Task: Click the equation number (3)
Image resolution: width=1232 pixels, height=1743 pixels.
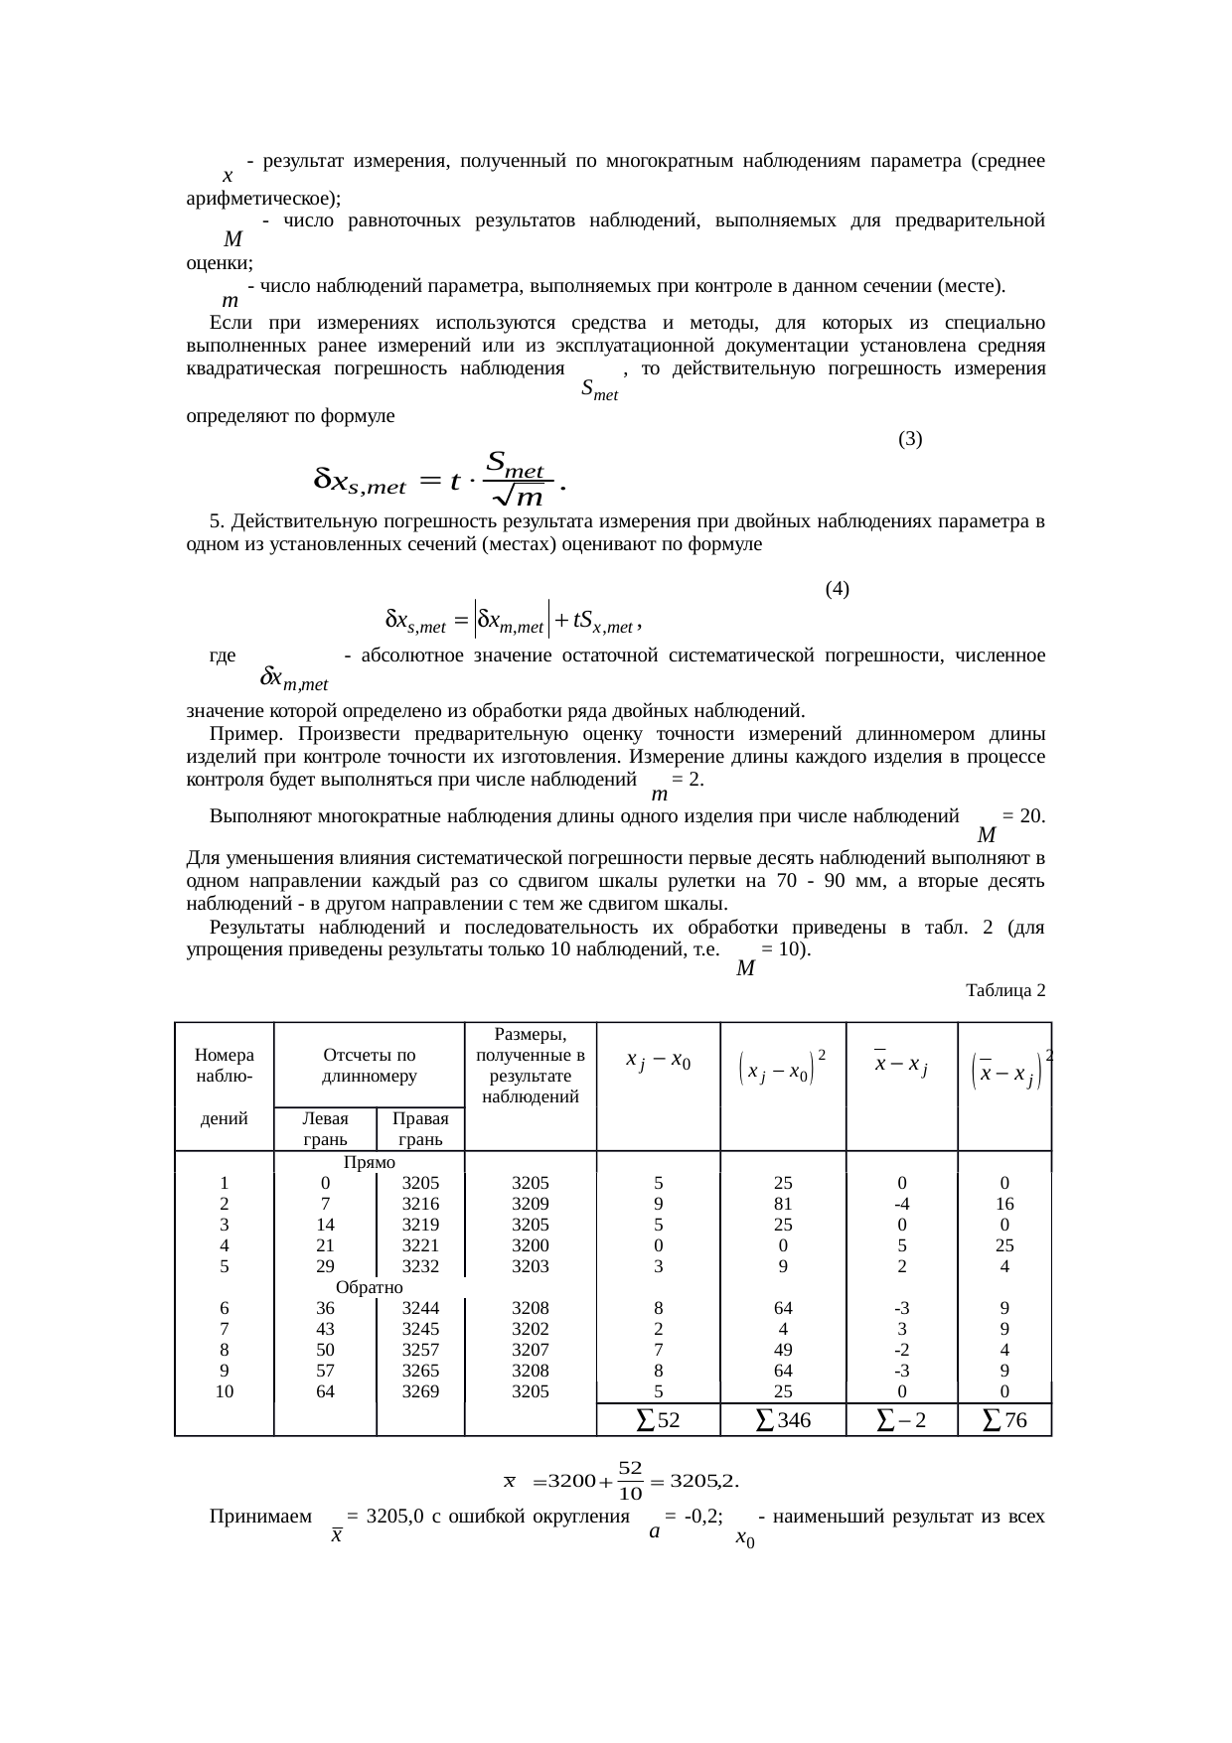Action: click(910, 438)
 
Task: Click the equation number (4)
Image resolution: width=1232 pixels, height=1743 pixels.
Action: click(837, 589)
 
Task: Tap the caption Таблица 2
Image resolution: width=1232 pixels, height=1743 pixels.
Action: click(1004, 990)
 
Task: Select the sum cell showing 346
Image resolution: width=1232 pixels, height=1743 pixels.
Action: click(783, 1421)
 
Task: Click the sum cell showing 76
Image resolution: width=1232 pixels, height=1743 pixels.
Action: click(1003, 1421)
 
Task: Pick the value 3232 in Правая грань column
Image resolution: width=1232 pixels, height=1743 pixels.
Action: click(420, 1266)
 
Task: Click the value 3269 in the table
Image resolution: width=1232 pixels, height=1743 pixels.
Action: click(420, 1391)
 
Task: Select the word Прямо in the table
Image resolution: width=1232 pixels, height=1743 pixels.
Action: click(369, 1162)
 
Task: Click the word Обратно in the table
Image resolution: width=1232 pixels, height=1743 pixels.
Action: click(369, 1287)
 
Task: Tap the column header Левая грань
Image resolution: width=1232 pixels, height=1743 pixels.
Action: click(325, 1128)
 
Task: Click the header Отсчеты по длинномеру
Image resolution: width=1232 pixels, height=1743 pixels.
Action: click(369, 1065)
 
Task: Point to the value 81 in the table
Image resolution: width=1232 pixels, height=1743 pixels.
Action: click(783, 1204)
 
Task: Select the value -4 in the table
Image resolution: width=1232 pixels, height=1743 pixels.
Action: click(901, 1204)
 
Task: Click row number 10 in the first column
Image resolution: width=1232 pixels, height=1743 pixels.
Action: click(225, 1391)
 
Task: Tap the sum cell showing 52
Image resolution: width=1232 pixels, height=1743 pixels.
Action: click(658, 1421)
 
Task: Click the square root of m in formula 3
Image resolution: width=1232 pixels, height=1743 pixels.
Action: click(524, 495)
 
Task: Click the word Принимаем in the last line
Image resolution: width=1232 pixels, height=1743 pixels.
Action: click(260, 1517)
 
